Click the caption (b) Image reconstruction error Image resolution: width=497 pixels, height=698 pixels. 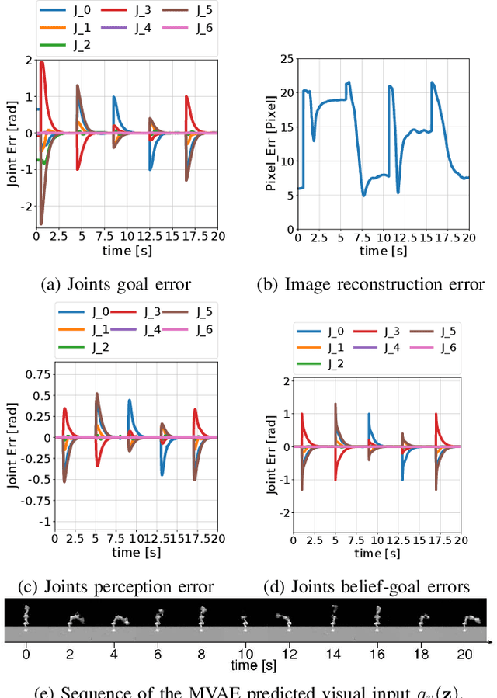370,284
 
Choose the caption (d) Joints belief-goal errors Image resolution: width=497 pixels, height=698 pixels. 370,586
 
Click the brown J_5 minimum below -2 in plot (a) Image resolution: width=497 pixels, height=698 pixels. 40,223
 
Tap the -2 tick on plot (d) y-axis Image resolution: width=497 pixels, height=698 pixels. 286,513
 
